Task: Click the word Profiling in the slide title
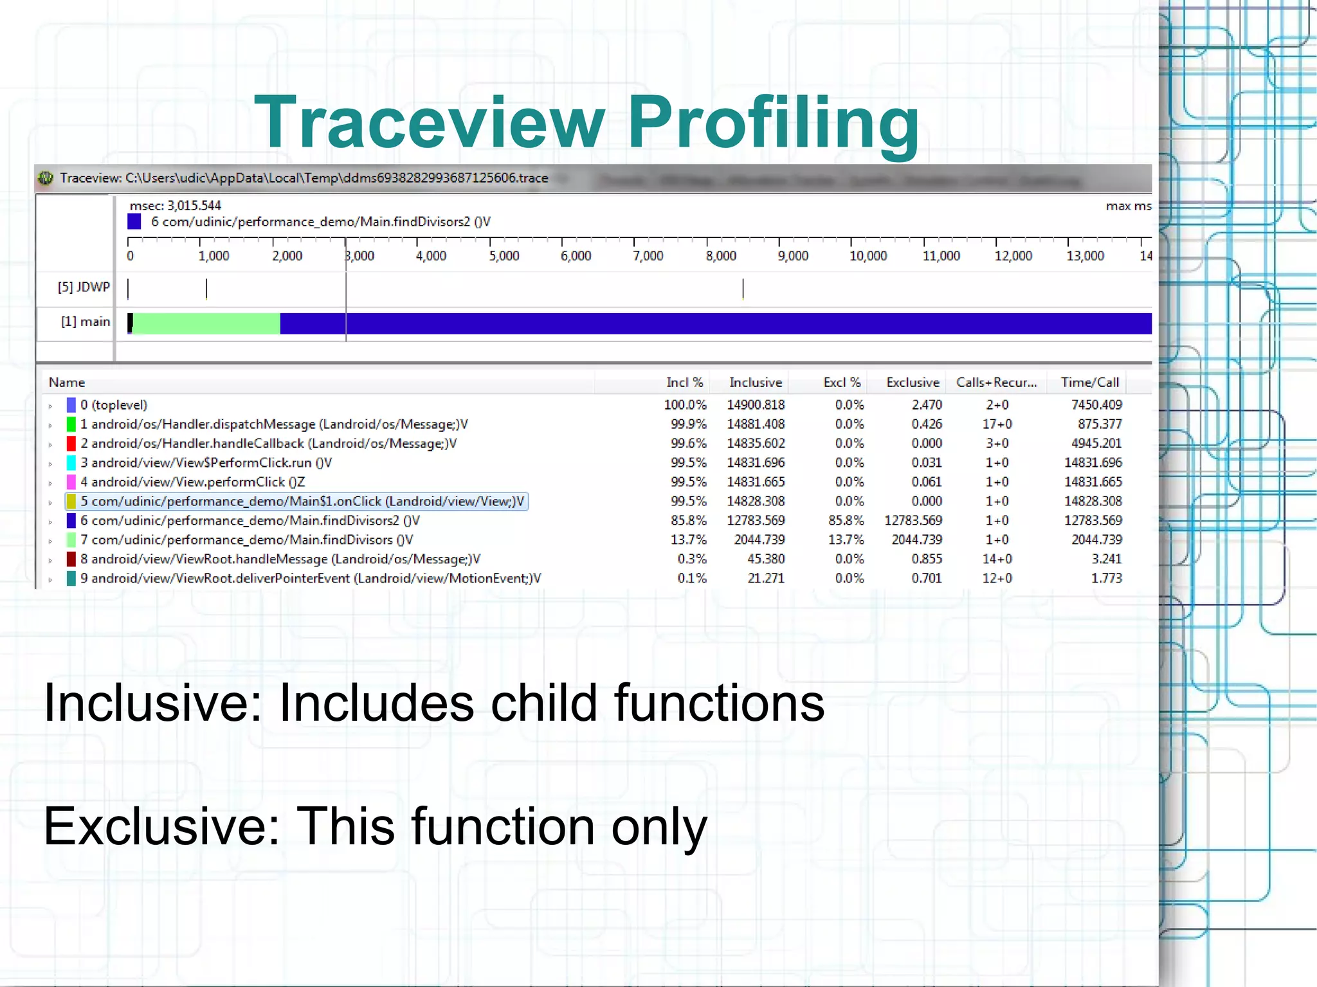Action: point(773,122)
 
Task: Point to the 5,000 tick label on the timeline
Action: point(504,256)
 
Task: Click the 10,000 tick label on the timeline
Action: point(868,256)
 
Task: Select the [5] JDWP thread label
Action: point(84,287)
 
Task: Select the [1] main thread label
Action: point(86,321)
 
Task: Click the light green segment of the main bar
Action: point(206,323)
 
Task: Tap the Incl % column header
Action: point(684,383)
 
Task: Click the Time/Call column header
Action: point(1090,383)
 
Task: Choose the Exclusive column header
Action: point(913,383)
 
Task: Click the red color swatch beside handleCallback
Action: point(71,444)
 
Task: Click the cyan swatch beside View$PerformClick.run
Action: point(71,463)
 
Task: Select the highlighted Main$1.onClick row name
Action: point(302,502)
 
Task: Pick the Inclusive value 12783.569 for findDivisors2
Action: point(756,520)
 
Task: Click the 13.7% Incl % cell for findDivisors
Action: point(688,539)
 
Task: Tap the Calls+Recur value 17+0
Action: point(997,424)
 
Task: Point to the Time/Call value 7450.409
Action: point(1096,405)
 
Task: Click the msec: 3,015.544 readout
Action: point(175,206)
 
